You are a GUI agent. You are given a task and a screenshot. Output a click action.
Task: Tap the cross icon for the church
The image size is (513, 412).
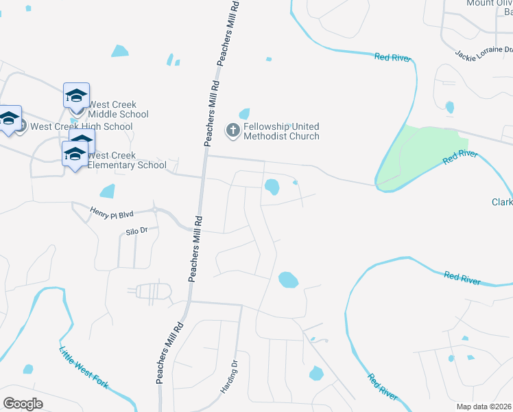(233, 129)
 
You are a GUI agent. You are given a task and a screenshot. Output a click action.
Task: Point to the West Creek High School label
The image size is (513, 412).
(82, 126)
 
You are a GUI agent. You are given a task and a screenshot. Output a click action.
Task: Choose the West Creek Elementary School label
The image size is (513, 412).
(126, 160)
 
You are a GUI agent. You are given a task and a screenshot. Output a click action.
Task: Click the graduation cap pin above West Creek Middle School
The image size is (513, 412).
(76, 95)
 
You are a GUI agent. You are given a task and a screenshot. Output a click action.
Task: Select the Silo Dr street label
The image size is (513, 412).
(136, 231)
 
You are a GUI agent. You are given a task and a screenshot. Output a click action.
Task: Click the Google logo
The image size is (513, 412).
(23, 403)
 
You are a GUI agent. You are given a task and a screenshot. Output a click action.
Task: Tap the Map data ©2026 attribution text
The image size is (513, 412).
(484, 407)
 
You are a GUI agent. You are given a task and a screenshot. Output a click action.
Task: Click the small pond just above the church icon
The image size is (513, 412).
(243, 113)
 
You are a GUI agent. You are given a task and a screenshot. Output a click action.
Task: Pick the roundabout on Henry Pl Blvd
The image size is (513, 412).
(154, 209)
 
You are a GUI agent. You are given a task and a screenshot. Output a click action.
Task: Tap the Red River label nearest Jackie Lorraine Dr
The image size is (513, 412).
(393, 58)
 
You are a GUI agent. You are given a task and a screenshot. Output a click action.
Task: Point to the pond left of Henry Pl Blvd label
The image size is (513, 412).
(107, 191)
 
